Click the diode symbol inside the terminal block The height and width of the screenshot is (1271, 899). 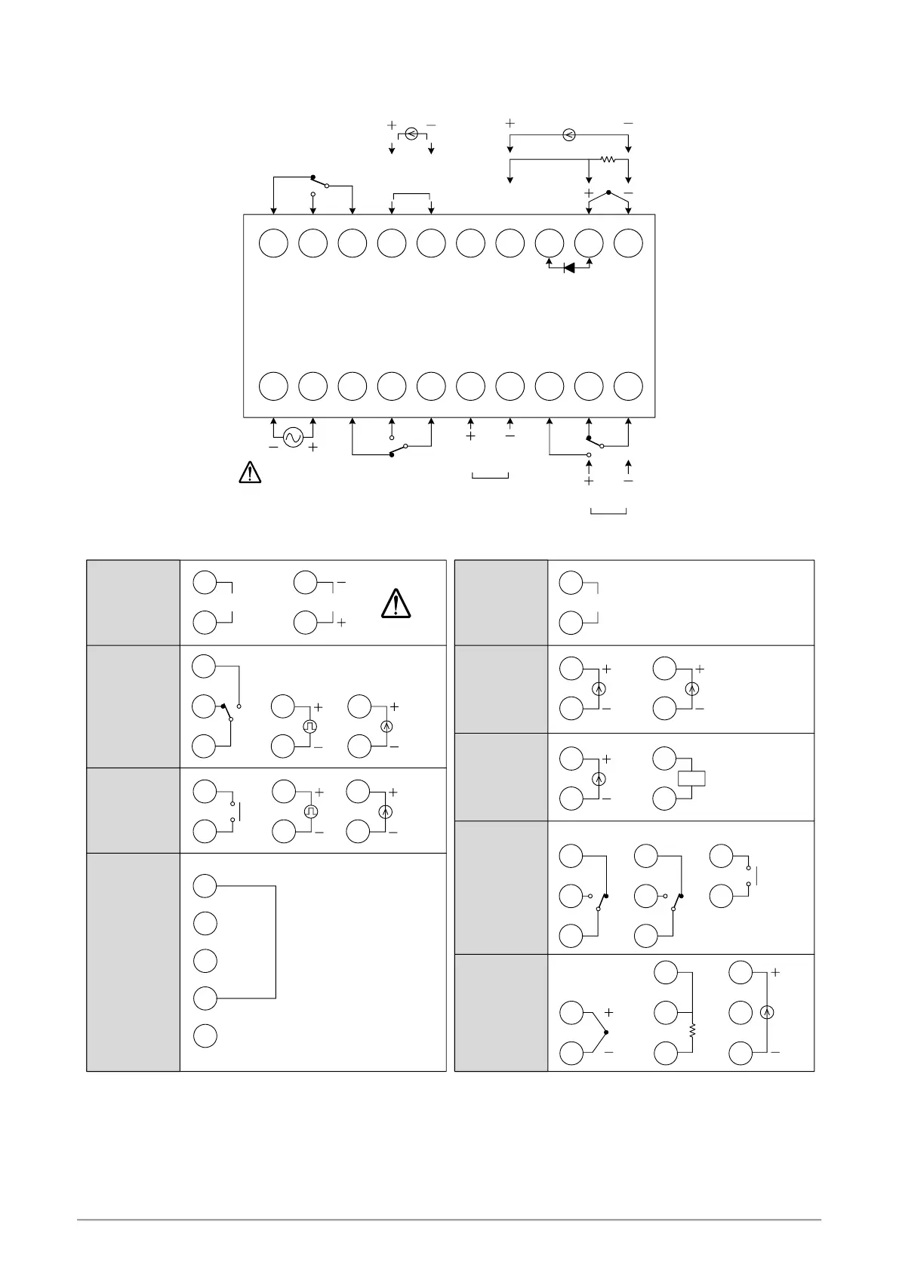[x=569, y=267]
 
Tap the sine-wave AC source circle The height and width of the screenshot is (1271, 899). [x=293, y=437]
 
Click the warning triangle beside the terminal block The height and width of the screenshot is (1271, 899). [x=249, y=472]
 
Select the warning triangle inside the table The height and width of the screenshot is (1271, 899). [x=396, y=604]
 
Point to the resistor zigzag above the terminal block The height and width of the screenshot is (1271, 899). [x=608, y=159]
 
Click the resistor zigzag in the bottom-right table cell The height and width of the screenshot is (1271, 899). [x=692, y=1030]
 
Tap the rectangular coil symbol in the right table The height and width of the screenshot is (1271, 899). [x=691, y=778]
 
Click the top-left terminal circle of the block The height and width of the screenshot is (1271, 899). [x=273, y=243]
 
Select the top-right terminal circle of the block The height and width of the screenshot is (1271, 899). [x=628, y=243]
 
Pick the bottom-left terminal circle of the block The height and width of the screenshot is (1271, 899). [x=273, y=386]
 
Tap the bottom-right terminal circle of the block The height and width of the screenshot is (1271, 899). [x=628, y=386]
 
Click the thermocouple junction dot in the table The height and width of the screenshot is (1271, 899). [x=606, y=1032]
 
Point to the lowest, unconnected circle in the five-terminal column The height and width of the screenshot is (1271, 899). [x=205, y=1036]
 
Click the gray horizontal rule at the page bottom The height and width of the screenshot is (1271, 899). [x=449, y=1219]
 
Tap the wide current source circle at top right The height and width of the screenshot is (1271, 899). [x=569, y=135]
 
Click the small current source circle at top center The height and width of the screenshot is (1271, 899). [x=411, y=134]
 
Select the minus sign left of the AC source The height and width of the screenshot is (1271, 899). [x=273, y=447]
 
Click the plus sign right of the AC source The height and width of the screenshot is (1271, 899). [x=312, y=448]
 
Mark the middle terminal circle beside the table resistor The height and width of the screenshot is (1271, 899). [x=665, y=1012]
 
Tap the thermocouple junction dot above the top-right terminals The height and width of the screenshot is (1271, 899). [x=608, y=192]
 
